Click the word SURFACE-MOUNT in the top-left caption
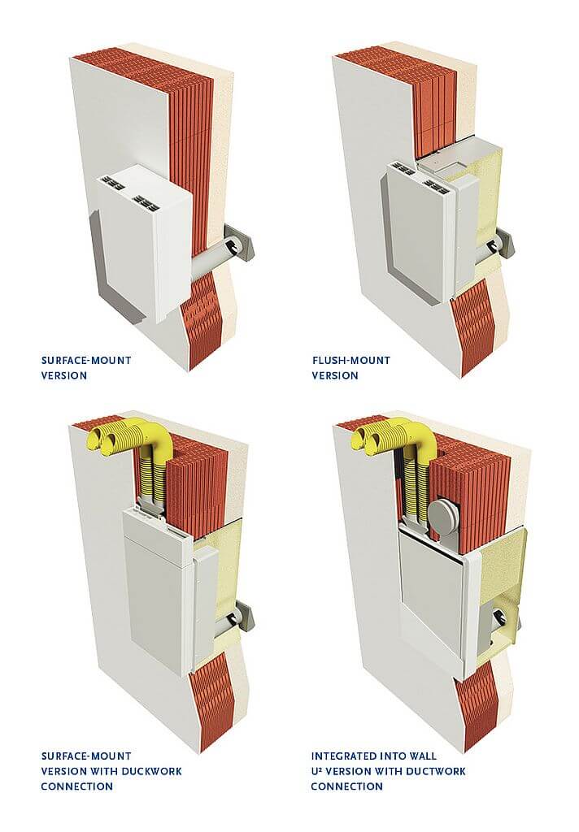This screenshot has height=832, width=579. coord(86,360)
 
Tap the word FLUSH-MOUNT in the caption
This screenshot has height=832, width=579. coord(351,360)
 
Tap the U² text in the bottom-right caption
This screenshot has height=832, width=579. coord(316,770)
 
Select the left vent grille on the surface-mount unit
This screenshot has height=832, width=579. coord(115,183)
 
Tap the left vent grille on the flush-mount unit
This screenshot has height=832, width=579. coord(403,169)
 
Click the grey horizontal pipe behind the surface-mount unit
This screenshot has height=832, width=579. coord(208,260)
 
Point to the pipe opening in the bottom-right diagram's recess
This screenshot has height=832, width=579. coord(500,617)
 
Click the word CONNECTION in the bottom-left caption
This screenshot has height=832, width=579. coord(77,786)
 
